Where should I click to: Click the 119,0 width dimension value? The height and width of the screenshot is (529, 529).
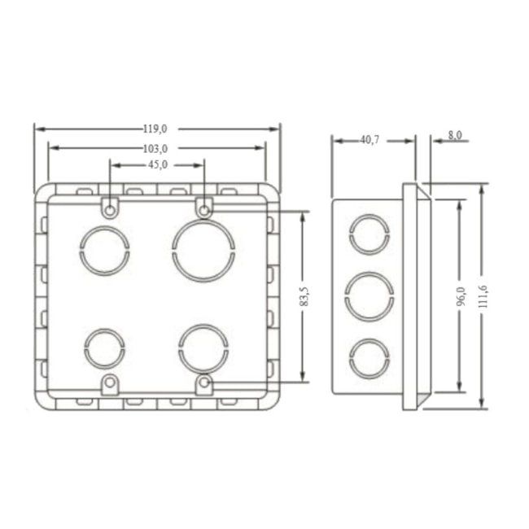[x=155, y=129]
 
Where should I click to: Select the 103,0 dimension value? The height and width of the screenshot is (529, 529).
[x=155, y=148]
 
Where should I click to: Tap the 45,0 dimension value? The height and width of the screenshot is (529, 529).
[x=157, y=164]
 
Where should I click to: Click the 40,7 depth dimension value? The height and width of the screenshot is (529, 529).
[x=369, y=140]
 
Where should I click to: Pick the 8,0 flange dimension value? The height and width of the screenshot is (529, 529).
[x=454, y=135]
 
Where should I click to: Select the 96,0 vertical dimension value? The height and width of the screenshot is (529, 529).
[x=460, y=297]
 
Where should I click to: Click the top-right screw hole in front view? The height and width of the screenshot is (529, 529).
[x=204, y=211]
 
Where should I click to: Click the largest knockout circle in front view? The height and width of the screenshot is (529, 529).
[x=203, y=250]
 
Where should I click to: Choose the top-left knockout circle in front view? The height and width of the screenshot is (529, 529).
[x=104, y=250]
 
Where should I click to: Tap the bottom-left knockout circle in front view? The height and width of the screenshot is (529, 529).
[x=104, y=348]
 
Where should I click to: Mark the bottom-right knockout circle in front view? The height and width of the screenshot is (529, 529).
[x=203, y=348]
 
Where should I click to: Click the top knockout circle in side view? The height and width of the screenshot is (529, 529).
[x=369, y=234]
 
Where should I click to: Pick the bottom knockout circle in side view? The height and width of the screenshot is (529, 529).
[x=369, y=357]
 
